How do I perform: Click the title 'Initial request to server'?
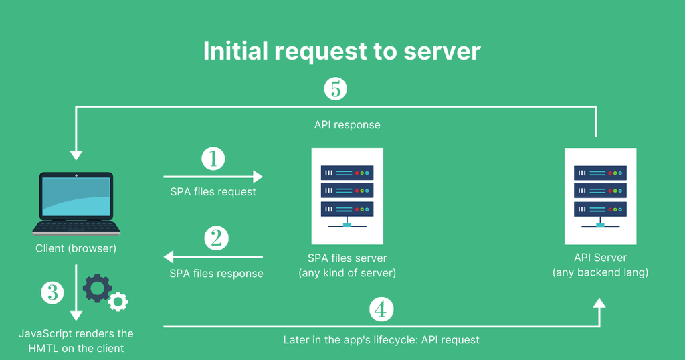(342, 52)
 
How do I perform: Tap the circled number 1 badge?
(213, 159)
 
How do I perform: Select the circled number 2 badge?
(215, 238)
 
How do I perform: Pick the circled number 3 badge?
(53, 292)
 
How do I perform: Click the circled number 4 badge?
(381, 309)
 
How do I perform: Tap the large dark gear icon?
(98, 288)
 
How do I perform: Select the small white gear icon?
(118, 302)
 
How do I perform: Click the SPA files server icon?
(347, 195)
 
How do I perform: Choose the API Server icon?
(600, 195)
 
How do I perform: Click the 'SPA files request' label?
(213, 192)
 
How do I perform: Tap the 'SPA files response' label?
(216, 273)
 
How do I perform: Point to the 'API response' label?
(347, 125)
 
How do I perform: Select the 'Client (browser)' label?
(76, 249)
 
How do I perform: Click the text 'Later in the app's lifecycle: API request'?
(381, 340)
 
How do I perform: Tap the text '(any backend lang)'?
(600, 272)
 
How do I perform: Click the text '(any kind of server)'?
(347, 272)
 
